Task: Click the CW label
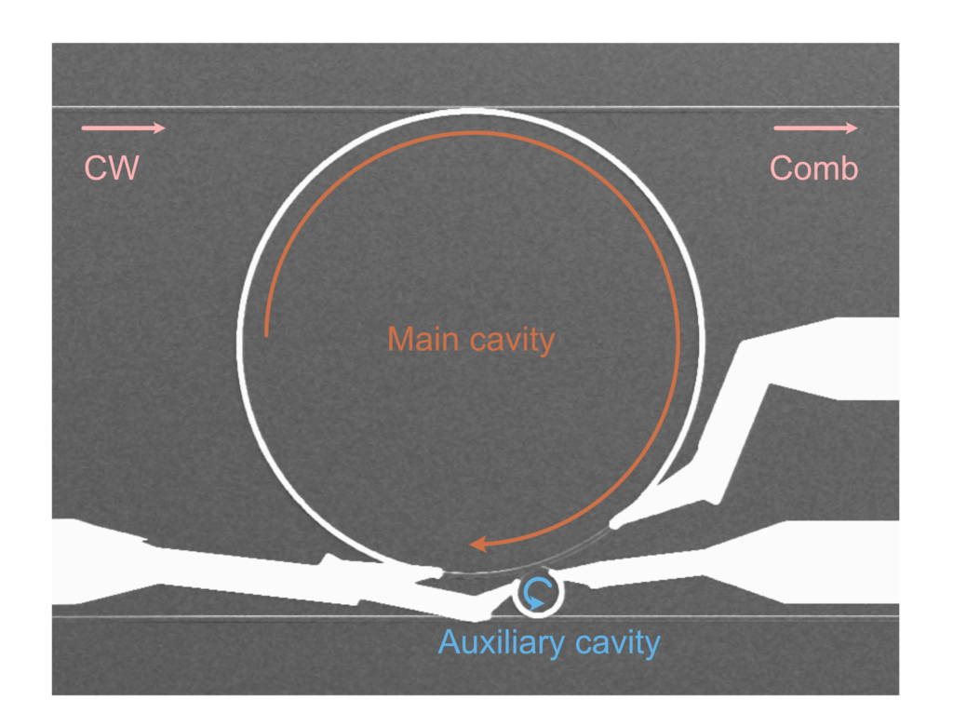[x=112, y=168]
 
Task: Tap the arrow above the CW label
[x=123, y=128]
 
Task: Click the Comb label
[x=813, y=168]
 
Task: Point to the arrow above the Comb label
[x=815, y=128]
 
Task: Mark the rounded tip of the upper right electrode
[x=614, y=523]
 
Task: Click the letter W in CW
[x=125, y=168]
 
